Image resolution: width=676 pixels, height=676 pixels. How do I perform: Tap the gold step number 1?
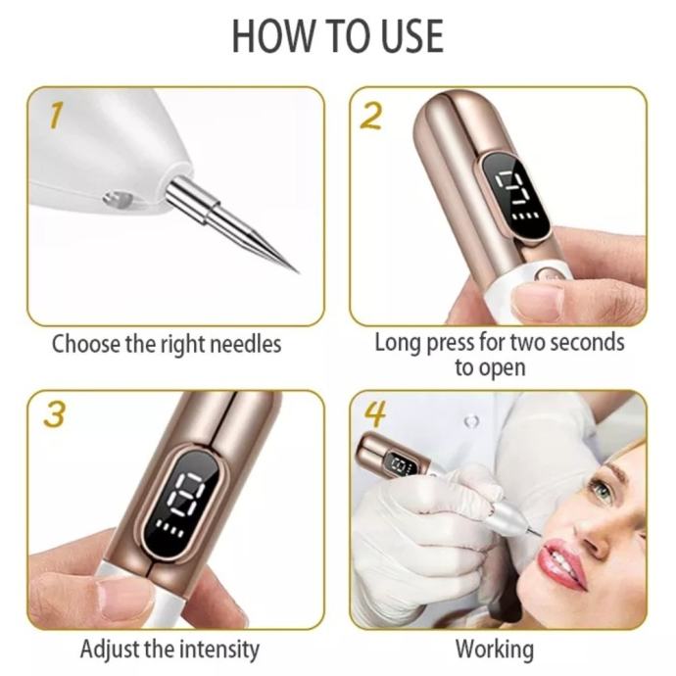pos(56,115)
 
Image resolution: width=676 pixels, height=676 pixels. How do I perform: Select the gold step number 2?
pos(370,116)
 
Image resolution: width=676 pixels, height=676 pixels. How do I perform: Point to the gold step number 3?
pos(55,414)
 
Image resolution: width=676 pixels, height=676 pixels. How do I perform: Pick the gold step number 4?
pos(375,414)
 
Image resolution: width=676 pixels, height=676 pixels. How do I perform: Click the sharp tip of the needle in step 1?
pos(298,272)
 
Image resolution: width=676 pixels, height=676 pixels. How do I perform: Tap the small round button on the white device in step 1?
pos(118,199)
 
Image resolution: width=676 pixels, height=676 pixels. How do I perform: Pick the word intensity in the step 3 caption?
pos(219,650)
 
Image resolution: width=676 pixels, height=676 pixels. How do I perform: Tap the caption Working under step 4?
pos(495,650)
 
